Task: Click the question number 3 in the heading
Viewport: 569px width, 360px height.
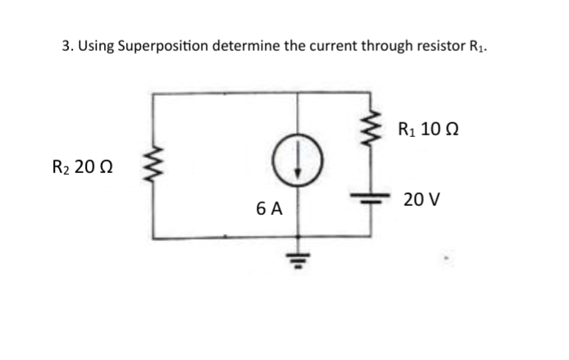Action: click(66, 44)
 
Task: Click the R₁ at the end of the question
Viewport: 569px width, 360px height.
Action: click(480, 45)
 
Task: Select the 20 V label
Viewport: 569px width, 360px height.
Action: click(422, 199)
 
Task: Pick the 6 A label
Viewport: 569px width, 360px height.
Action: click(268, 209)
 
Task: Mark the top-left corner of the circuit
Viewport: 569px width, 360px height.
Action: click(151, 93)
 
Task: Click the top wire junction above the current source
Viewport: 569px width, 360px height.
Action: click(297, 93)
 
